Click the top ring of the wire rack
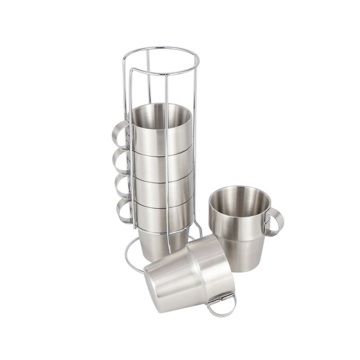pos(160,48)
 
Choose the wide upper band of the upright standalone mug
pos(234,225)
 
